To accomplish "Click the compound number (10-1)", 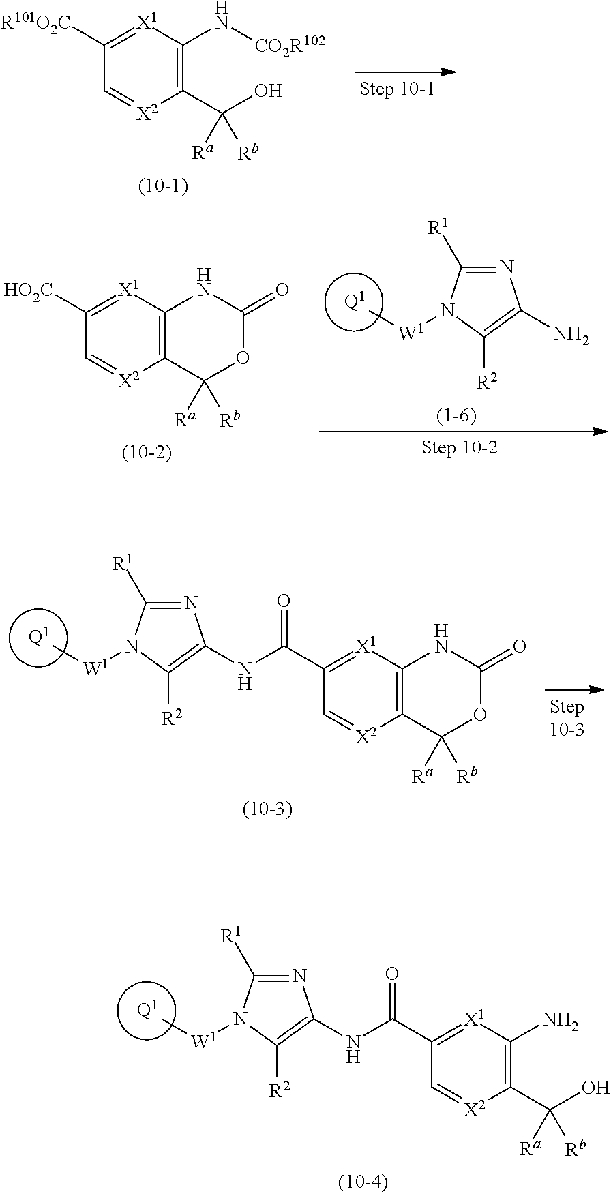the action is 163,185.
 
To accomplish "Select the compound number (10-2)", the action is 146,453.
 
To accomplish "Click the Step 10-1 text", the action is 396,89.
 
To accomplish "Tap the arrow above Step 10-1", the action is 404,72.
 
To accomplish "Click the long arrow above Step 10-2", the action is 463,431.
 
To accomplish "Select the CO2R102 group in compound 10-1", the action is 290,46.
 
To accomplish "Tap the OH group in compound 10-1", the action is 267,91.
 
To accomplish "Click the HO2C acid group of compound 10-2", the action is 29,291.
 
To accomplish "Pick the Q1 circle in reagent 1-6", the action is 353,302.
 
